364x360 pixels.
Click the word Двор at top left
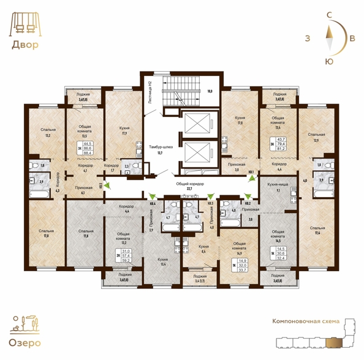(x=24, y=45)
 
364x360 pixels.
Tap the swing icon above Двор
(x=23, y=24)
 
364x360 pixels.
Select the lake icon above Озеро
(x=25, y=323)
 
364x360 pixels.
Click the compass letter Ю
(x=330, y=61)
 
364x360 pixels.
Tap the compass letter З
(x=306, y=38)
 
